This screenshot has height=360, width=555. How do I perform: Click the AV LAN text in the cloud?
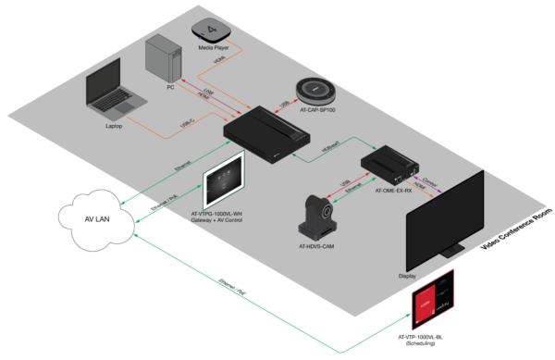100,219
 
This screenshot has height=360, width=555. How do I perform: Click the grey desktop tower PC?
166,57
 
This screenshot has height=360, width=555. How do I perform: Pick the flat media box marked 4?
213,30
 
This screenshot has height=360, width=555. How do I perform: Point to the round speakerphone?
320,91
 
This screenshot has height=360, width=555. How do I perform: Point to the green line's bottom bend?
342,352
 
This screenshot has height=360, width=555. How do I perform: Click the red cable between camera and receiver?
349,189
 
